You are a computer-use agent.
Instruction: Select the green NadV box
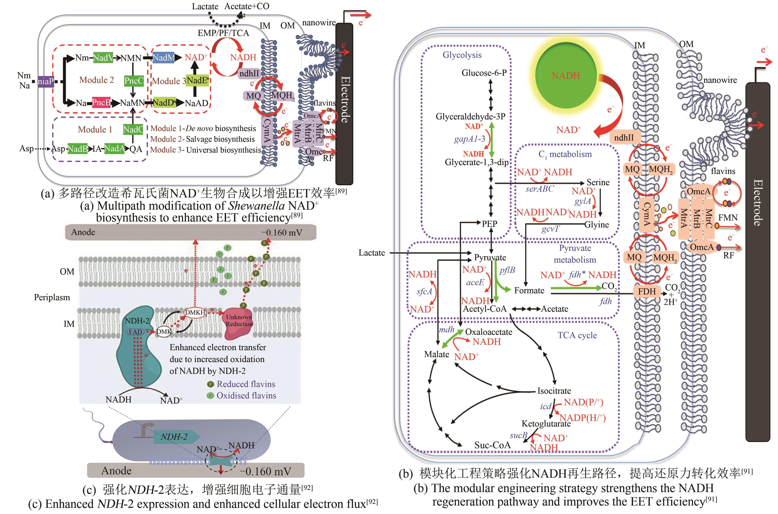103,58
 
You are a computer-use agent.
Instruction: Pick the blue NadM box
164,58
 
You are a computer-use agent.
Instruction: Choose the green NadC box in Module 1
133,129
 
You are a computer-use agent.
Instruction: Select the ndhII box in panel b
624,138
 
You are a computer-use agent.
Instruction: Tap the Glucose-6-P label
484,73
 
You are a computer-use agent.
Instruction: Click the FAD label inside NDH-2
135,332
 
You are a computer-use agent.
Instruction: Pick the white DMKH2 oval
196,313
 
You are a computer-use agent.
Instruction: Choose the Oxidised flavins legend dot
210,396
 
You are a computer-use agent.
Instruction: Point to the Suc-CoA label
492,445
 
